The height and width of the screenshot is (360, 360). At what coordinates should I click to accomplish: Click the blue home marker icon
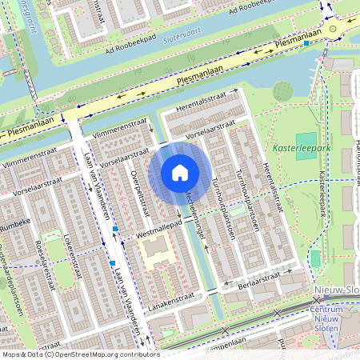tap(180, 173)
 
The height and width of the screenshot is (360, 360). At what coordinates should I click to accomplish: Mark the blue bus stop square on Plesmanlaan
tap(306, 44)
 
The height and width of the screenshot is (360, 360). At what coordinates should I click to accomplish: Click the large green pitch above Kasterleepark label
tap(306, 146)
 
